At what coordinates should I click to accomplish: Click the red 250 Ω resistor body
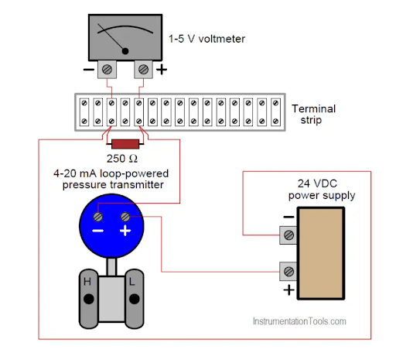pyautogui.click(x=125, y=144)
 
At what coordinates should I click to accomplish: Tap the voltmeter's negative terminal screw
pyautogui.click(x=107, y=70)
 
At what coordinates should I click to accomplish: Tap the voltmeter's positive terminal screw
pyautogui.click(x=143, y=70)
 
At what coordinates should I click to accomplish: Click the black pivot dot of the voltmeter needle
pyautogui.click(x=125, y=51)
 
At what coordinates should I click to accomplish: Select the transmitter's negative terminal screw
pyautogui.click(x=98, y=217)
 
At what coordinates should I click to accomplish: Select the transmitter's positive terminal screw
pyautogui.click(x=125, y=217)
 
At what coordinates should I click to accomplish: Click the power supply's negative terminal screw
pyautogui.click(x=288, y=235)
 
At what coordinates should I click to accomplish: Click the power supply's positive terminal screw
pyautogui.click(x=288, y=272)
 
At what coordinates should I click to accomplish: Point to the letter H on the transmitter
pyautogui.click(x=87, y=281)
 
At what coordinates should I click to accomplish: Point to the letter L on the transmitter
pyautogui.click(x=131, y=281)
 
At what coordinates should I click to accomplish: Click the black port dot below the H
pyautogui.click(x=89, y=299)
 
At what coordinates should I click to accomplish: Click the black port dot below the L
pyautogui.click(x=135, y=299)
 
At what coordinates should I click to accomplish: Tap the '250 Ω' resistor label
pyautogui.click(x=122, y=159)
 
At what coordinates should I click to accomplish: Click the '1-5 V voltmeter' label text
pyautogui.click(x=207, y=39)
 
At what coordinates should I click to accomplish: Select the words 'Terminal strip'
pyautogui.click(x=314, y=114)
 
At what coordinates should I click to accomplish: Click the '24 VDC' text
pyautogui.click(x=317, y=183)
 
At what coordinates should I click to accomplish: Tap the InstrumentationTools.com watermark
pyautogui.click(x=299, y=321)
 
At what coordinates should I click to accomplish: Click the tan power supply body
pyautogui.click(x=321, y=253)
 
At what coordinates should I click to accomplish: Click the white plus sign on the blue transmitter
pyautogui.click(x=125, y=231)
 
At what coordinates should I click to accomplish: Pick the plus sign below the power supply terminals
pyautogui.click(x=288, y=290)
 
